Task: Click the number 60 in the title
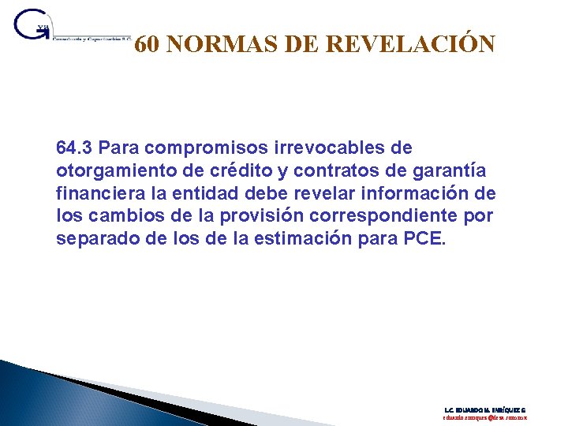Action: pos(148,45)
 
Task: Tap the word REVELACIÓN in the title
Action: pos(412,45)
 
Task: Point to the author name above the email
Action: pos(485,409)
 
